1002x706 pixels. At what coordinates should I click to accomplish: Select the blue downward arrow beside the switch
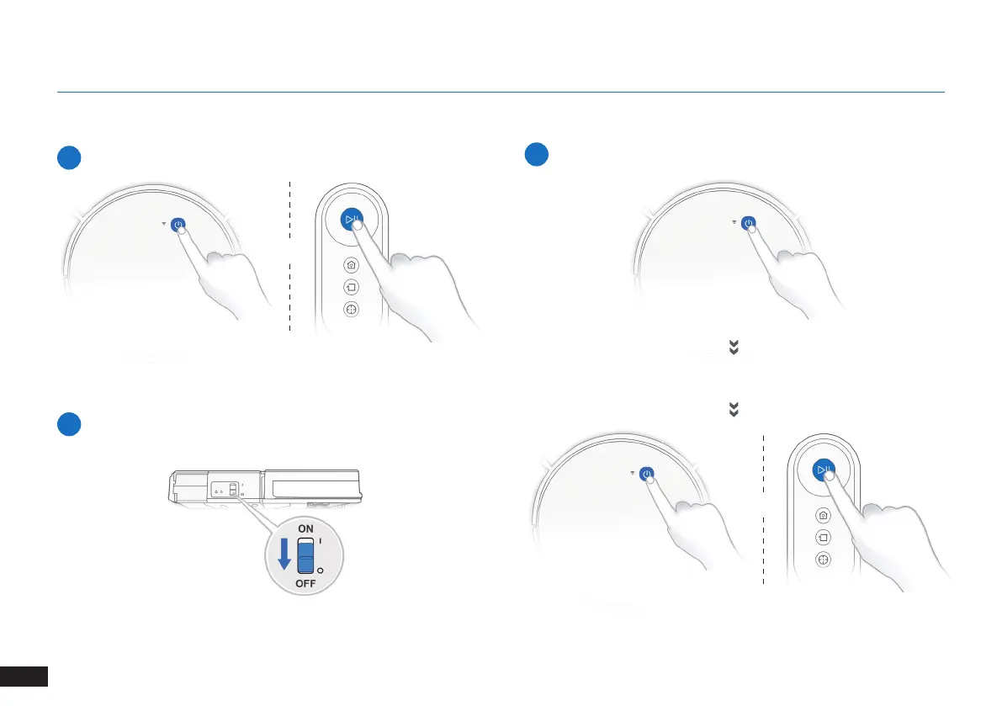(284, 553)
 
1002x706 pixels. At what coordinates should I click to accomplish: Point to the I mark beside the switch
(321, 543)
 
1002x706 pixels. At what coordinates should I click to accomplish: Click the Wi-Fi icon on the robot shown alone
(735, 223)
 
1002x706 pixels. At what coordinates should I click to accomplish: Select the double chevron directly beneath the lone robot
(733, 347)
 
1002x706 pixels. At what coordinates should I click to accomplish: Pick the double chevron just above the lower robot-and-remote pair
(733, 410)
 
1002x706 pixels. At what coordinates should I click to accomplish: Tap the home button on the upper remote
(351, 264)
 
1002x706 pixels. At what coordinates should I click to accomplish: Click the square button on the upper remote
(351, 287)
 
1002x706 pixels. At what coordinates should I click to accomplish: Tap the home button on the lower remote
(823, 515)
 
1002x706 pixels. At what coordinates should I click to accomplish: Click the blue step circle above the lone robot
(537, 157)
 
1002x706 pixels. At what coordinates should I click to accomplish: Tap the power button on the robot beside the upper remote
(178, 225)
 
